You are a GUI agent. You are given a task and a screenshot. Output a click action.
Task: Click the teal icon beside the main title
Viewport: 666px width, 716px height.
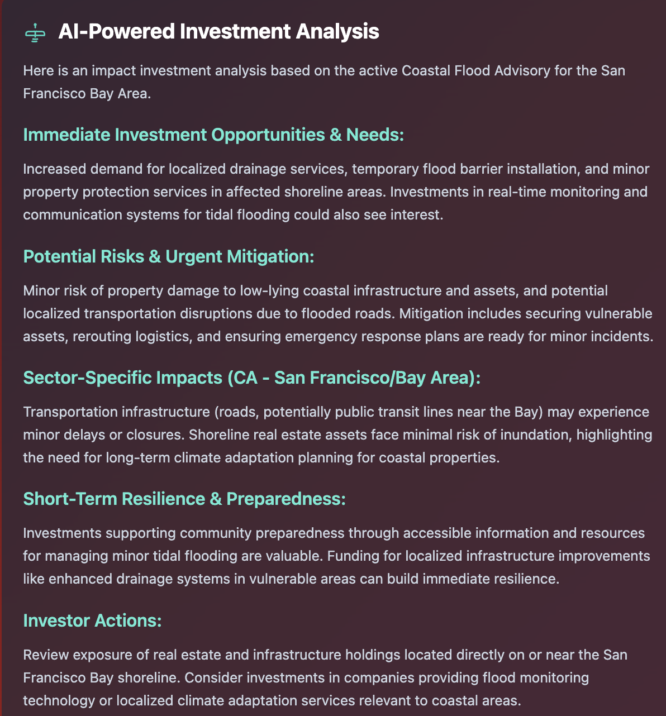coord(35,32)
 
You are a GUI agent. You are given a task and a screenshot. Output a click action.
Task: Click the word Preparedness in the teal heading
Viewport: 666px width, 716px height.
coord(286,499)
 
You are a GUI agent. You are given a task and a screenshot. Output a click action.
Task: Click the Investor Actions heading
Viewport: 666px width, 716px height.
coord(92,620)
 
